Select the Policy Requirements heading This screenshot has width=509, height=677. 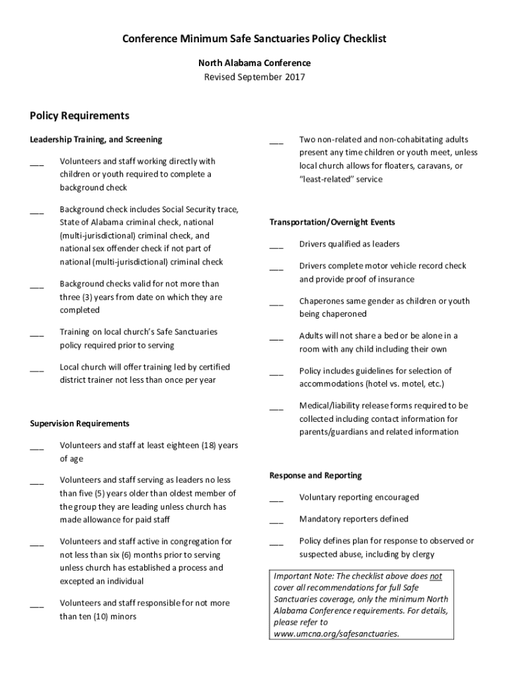(79, 116)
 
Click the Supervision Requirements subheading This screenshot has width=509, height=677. (79, 423)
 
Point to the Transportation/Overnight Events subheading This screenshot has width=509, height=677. (332, 222)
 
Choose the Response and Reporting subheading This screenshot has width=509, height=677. (315, 475)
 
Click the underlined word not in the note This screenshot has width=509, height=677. (436, 576)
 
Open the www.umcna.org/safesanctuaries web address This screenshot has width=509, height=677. (336, 633)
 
